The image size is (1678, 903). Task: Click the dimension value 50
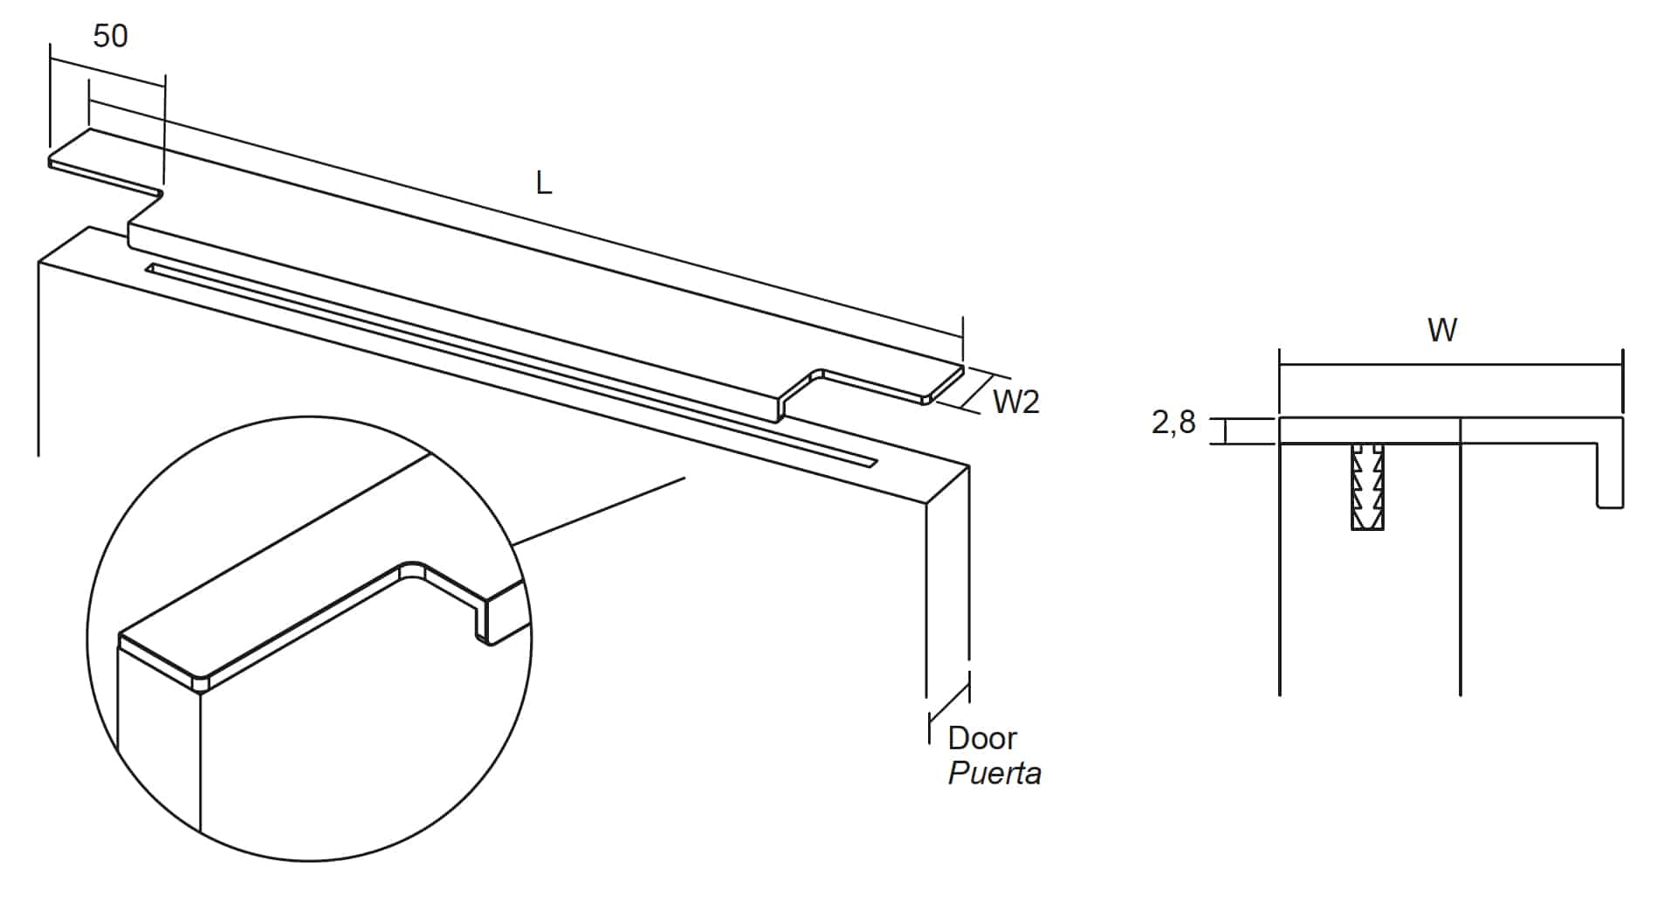[110, 36]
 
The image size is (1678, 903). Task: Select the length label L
[544, 183]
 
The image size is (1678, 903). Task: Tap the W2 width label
[1016, 402]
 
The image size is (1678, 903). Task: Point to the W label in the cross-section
[1442, 330]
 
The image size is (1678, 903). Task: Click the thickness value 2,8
[1173, 423]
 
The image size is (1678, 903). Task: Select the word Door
[982, 738]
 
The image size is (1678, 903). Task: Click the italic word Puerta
[994, 774]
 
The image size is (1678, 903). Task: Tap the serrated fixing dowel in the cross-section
[1366, 486]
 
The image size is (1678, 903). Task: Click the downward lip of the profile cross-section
[1610, 472]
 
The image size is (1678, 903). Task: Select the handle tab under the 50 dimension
[100, 162]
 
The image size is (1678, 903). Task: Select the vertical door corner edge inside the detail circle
[201, 760]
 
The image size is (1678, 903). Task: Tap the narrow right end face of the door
[947, 576]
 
